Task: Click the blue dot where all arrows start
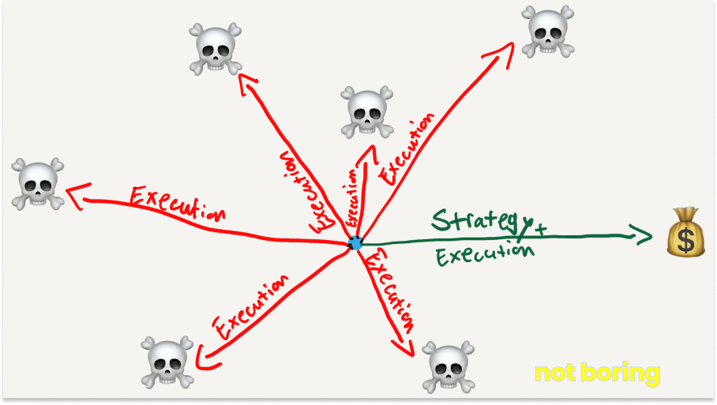pyautogui.click(x=355, y=244)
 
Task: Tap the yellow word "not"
pyautogui.click(x=557, y=373)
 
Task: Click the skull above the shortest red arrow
pyautogui.click(x=366, y=111)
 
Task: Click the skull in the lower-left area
pyautogui.click(x=168, y=362)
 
